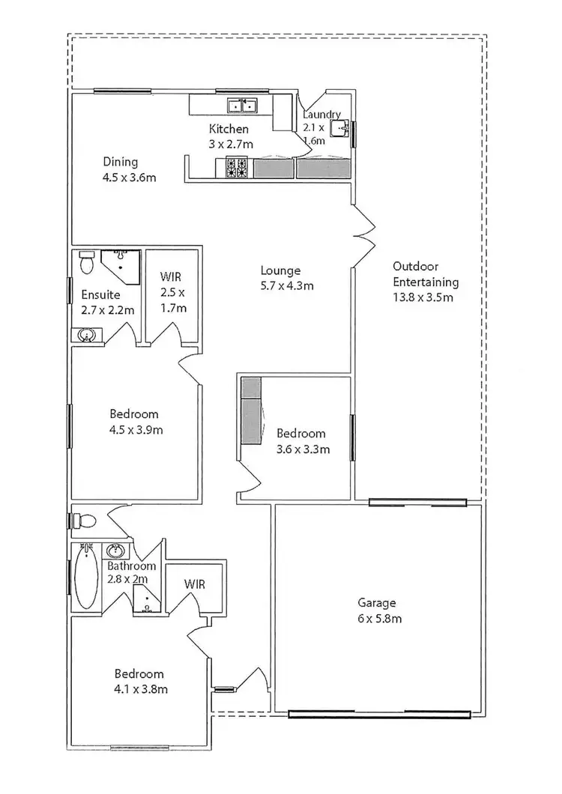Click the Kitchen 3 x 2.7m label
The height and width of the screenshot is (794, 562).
[229, 136]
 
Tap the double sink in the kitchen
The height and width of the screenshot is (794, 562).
[243, 105]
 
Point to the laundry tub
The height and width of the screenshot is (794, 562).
[342, 128]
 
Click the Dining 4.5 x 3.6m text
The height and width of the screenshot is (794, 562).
[129, 169]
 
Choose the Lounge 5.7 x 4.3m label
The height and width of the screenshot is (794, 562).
[286, 277]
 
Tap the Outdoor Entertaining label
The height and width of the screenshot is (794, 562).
[425, 281]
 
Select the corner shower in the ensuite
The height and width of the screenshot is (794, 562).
[123, 264]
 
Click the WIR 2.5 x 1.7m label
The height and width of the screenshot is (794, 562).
[172, 291]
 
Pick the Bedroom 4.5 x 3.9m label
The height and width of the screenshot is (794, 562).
[136, 422]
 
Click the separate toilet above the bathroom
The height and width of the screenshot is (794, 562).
[86, 520]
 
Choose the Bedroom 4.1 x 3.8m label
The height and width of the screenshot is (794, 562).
[139, 681]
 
